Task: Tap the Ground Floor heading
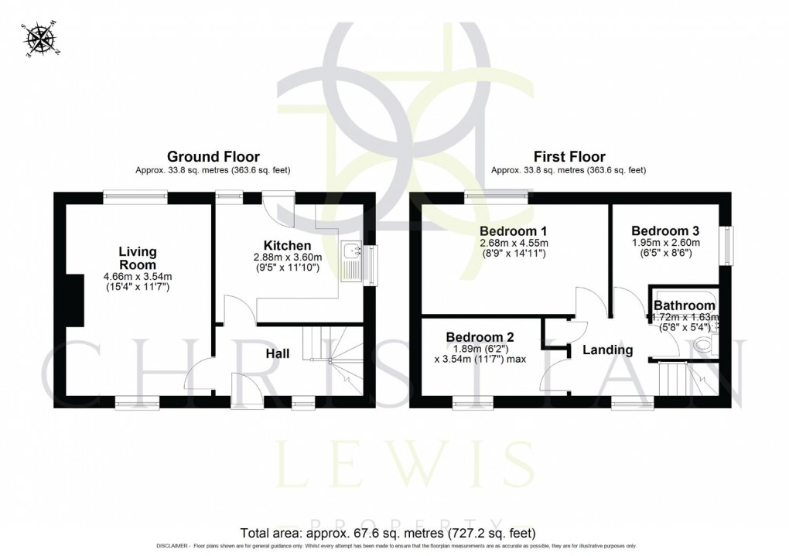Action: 213,157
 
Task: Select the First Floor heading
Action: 568,157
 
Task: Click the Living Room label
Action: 138,258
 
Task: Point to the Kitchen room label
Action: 291,246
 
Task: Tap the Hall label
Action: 278,353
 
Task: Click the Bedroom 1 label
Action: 514,230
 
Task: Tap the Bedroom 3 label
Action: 665,230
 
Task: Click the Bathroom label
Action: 685,306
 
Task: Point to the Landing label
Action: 607,350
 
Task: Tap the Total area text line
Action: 387,533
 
